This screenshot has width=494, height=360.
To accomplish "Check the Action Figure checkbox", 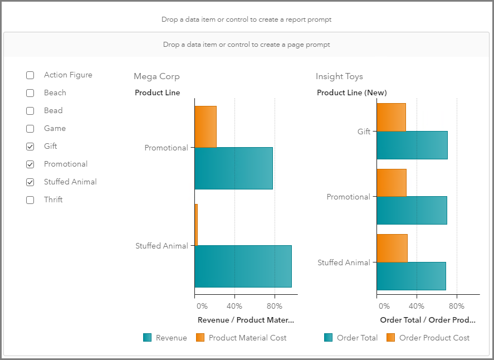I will coord(30,75).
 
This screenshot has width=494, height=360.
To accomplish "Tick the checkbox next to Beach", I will coord(30,93).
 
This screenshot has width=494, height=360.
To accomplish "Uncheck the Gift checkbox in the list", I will coord(30,147).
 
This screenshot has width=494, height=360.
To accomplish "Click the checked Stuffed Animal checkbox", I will coord(30,182).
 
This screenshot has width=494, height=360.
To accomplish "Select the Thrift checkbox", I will coord(30,200).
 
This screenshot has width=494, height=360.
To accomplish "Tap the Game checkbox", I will coord(30,129).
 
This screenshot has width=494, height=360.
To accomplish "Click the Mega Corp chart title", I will coord(156,76).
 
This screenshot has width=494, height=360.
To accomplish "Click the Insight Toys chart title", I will coord(339,76).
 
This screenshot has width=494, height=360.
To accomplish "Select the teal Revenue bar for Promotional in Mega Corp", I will coord(233,168).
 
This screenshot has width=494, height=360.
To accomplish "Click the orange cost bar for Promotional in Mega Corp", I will coord(206,127).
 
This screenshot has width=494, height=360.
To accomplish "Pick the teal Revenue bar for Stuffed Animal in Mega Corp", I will coord(243,266).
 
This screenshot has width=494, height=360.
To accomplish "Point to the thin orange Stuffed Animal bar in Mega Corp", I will coord(196,225).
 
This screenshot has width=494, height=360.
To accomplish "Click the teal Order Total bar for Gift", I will coord(412,145).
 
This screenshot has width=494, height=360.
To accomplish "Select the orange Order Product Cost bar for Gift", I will coord(391,117).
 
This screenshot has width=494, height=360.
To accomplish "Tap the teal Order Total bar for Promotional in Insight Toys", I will coord(412,210).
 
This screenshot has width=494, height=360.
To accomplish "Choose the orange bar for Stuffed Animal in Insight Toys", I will coord(392,248).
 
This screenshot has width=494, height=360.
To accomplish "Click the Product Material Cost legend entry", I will coord(241,338).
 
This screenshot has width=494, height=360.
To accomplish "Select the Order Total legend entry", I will coord(350,338).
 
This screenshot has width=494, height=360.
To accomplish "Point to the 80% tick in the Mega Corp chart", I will coord(274,305).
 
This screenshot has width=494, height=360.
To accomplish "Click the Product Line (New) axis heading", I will coord(351,93).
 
